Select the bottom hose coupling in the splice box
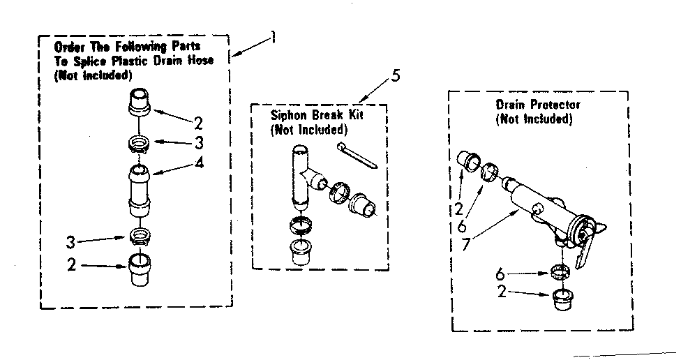pyautogui.click(x=140, y=272)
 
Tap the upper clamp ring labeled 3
pyautogui.click(x=140, y=145)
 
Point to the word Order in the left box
pyautogui.click(x=69, y=46)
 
